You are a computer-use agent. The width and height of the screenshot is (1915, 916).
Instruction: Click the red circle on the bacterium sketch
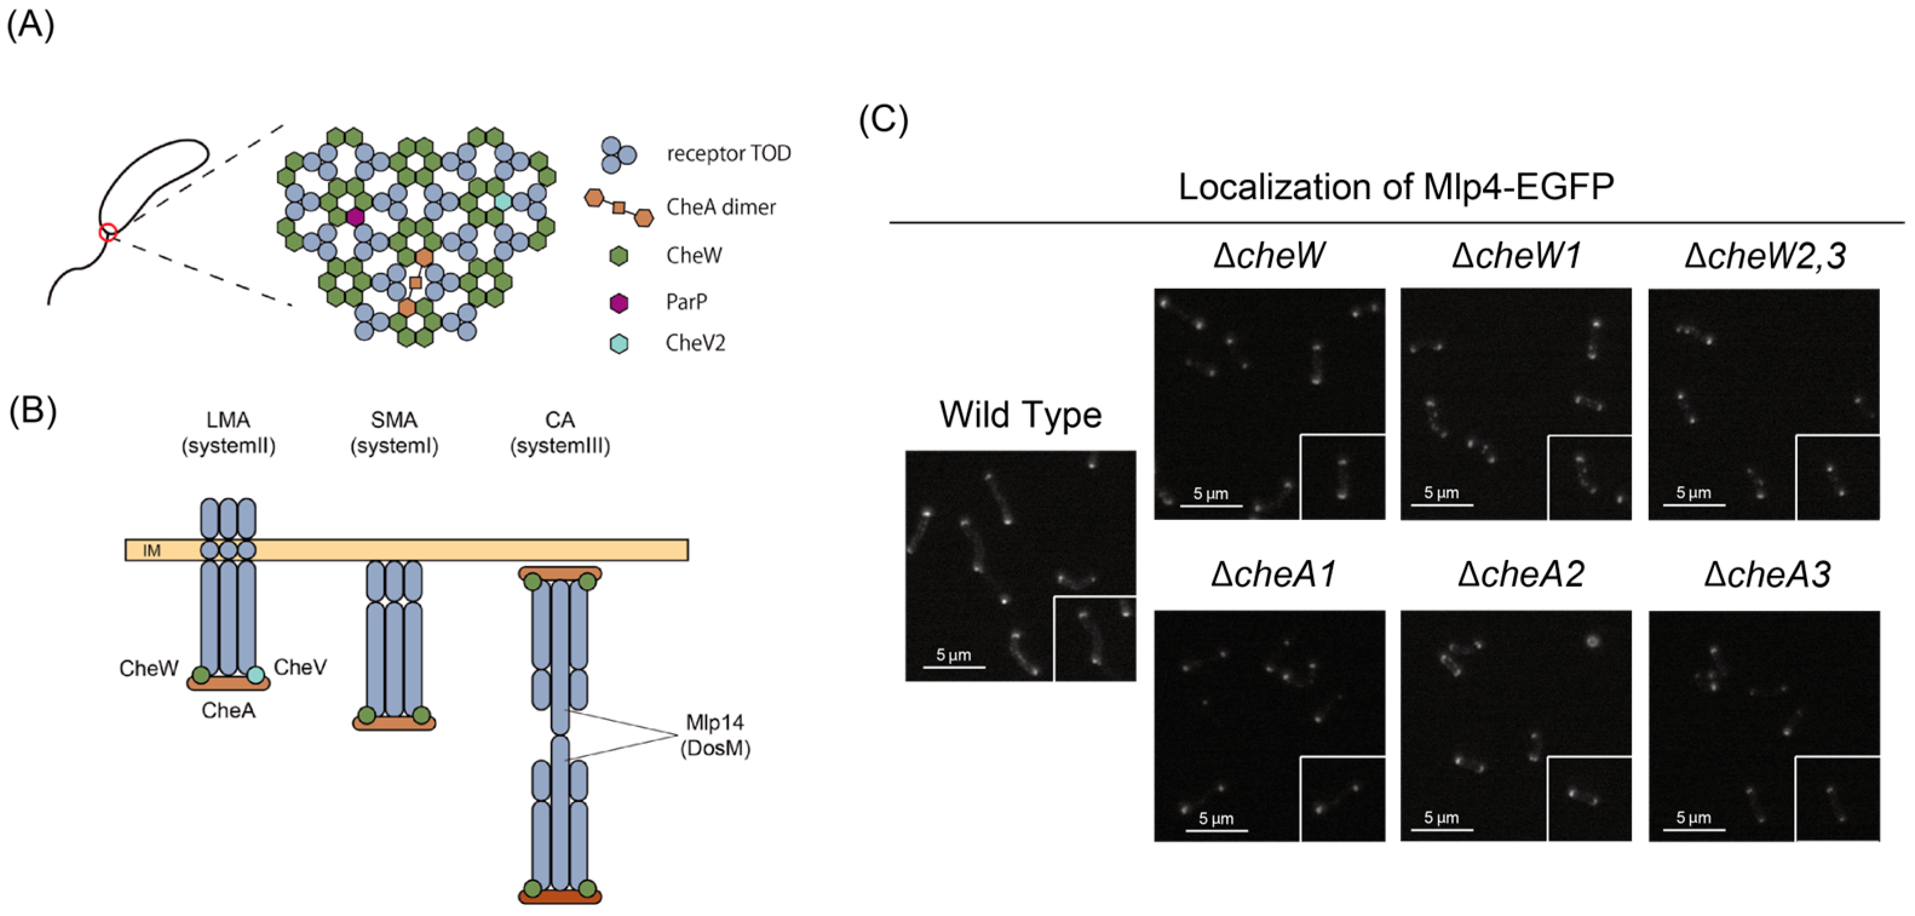click(108, 232)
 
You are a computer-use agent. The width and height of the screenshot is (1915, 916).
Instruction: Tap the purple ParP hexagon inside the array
click(355, 216)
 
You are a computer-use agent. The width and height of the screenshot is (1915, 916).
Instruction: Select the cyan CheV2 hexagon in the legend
click(619, 343)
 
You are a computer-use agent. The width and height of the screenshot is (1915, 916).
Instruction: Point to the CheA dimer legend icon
click(619, 208)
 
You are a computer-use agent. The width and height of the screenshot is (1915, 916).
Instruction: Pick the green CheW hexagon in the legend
click(619, 255)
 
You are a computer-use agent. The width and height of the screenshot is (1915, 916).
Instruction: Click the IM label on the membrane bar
click(152, 551)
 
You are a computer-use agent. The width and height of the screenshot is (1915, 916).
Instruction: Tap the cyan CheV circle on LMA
click(256, 675)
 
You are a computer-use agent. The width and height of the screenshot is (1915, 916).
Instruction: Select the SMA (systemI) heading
click(394, 433)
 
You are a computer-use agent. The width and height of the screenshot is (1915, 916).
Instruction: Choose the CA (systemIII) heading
click(560, 433)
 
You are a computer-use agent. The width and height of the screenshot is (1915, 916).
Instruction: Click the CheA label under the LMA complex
click(228, 711)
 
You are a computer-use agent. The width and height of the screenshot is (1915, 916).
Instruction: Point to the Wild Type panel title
click(1020, 415)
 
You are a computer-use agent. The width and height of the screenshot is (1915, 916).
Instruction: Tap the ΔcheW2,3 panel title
click(1765, 255)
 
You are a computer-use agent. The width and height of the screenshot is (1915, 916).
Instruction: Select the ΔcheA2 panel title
click(1520, 575)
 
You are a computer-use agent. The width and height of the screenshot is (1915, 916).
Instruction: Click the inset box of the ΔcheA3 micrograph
click(1837, 799)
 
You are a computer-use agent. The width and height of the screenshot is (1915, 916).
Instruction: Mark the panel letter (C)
click(883, 119)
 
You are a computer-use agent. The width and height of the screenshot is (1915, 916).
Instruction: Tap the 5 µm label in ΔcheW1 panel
click(1440, 493)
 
